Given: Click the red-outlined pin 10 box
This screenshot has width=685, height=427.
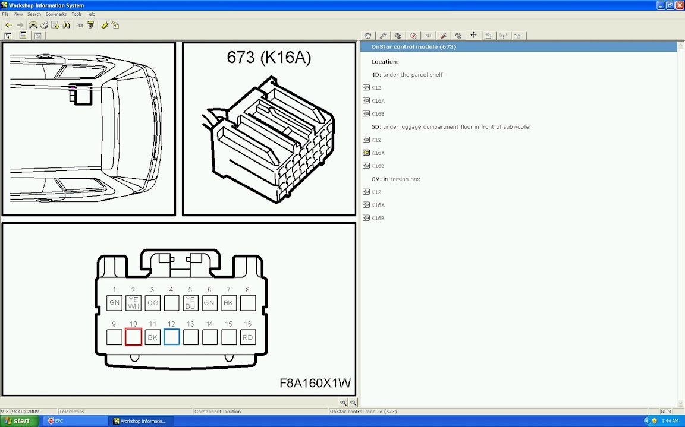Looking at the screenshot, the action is click(133, 337).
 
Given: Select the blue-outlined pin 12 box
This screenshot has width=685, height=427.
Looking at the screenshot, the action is click(172, 337).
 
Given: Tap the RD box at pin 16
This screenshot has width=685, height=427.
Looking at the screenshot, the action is click(248, 337).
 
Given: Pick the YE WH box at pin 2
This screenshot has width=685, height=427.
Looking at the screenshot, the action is click(133, 303).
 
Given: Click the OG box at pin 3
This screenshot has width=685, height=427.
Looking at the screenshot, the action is click(152, 303).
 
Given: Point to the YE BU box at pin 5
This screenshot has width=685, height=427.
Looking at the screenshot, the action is click(190, 303).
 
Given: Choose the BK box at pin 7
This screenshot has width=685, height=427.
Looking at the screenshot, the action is click(228, 303).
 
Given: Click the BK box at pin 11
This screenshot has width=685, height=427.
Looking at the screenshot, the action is click(152, 337).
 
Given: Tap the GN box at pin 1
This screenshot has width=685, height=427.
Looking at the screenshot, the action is click(114, 303).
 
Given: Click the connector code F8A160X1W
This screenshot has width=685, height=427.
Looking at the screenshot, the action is click(315, 383).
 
